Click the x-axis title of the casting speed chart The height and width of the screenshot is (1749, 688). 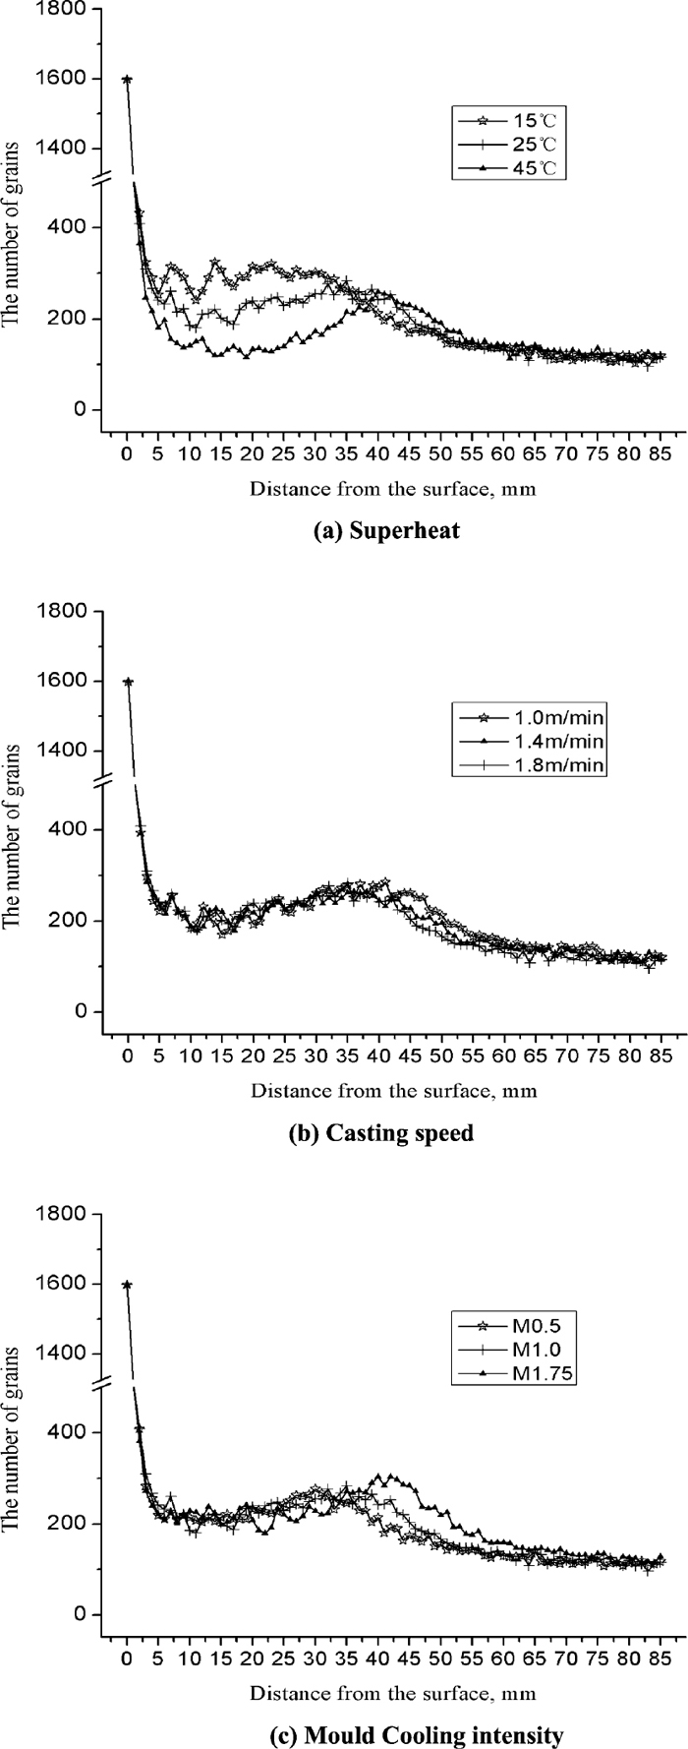(x=393, y=1090)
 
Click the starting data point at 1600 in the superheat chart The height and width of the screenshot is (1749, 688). (x=127, y=80)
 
